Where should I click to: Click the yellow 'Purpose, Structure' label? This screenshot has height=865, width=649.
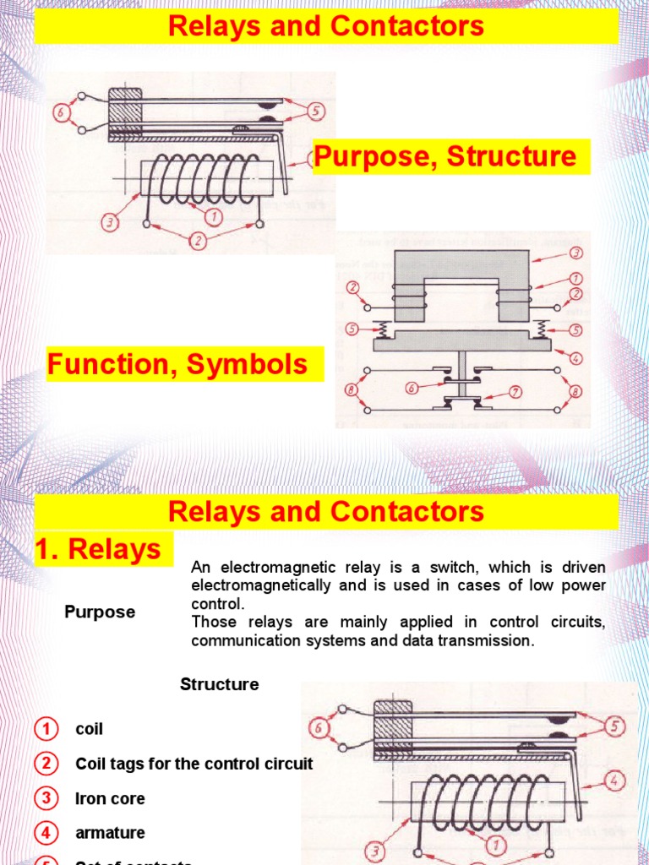click(445, 157)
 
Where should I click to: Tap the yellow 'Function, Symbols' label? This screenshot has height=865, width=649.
click(177, 365)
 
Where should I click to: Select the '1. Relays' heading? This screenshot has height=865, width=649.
click(98, 549)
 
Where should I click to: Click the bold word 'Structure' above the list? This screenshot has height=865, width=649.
click(219, 684)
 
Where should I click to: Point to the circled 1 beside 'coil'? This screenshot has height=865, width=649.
click(46, 729)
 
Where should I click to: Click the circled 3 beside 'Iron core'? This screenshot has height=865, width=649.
click(46, 798)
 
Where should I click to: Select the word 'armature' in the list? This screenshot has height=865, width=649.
click(110, 833)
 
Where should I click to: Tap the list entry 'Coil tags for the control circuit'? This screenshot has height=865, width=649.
click(194, 764)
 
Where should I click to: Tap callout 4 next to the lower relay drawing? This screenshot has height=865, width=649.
click(615, 780)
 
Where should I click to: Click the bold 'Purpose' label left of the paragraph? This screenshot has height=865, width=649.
click(100, 612)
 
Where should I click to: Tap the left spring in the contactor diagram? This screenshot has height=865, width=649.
click(380, 328)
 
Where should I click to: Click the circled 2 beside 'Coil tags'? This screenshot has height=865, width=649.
click(46, 764)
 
